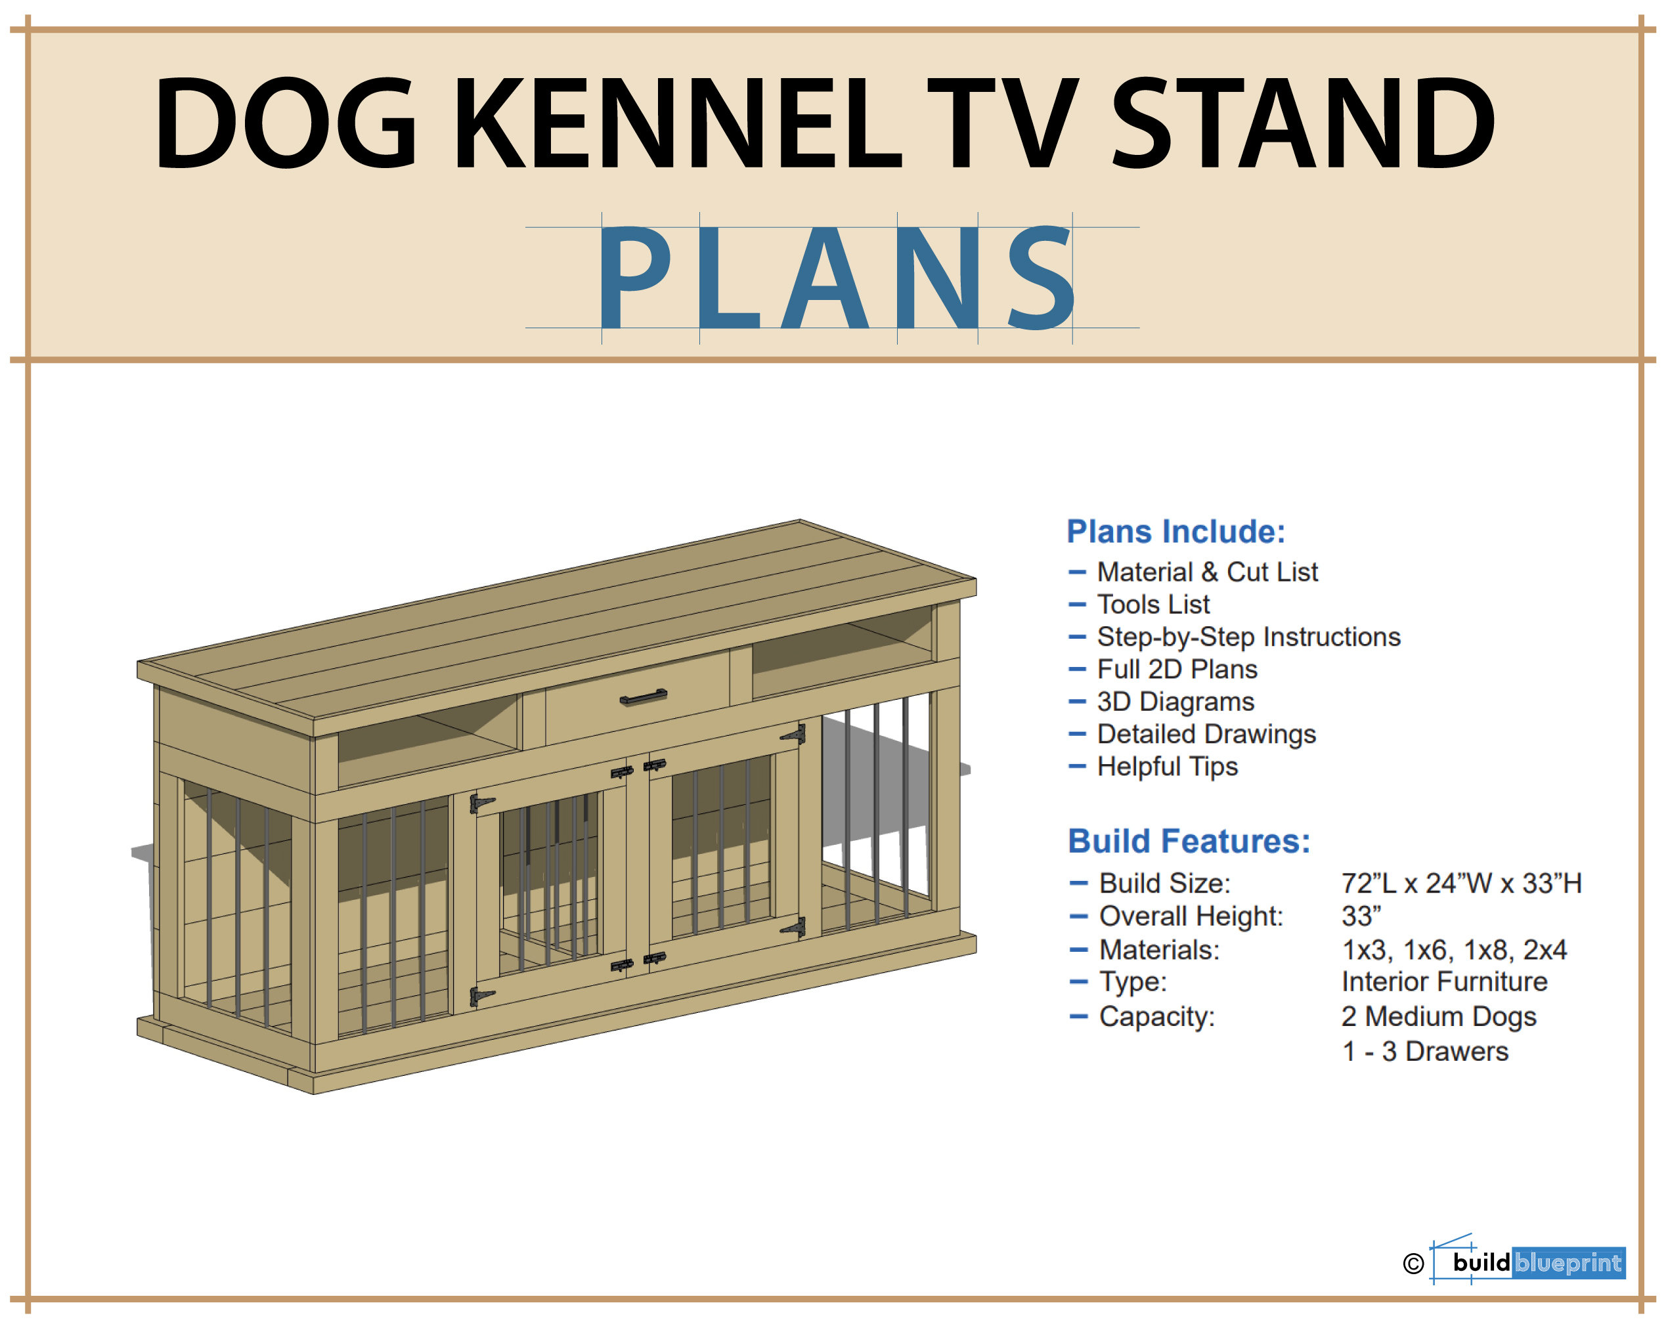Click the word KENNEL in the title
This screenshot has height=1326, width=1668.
(x=678, y=123)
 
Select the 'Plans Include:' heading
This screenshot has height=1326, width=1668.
(x=1176, y=532)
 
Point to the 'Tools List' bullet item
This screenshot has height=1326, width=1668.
(x=1152, y=605)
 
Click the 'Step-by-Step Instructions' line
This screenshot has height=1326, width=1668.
(x=1248, y=637)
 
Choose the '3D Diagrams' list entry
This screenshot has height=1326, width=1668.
(x=1175, y=702)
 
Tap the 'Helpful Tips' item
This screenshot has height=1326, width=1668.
(x=1167, y=767)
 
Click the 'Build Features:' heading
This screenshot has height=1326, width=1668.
(x=1189, y=841)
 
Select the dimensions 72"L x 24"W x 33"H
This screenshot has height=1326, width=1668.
(x=1461, y=884)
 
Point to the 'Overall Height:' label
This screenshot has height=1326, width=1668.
(x=1191, y=917)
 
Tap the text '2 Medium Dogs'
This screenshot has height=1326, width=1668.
(x=1439, y=1017)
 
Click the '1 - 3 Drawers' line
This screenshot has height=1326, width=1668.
(x=1425, y=1052)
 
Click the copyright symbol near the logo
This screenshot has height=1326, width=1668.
(x=1413, y=1264)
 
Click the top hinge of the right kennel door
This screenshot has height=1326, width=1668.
(x=794, y=734)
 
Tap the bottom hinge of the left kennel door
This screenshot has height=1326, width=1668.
(x=481, y=996)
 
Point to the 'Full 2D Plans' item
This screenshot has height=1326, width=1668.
(x=1177, y=670)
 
